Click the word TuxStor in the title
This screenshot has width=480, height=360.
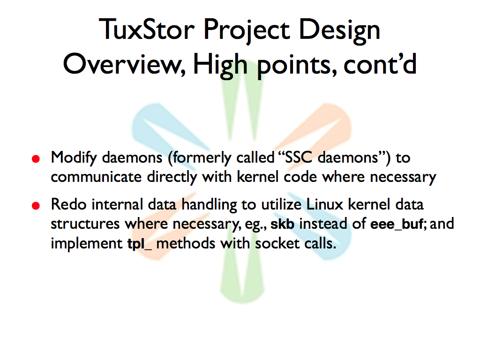click(x=147, y=29)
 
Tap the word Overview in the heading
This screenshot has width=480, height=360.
click(x=124, y=64)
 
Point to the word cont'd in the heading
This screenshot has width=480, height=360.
click(x=380, y=64)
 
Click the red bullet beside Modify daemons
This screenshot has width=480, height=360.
click(x=36, y=158)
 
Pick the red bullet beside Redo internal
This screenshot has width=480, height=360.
click(x=36, y=205)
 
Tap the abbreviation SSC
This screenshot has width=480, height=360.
click(x=299, y=157)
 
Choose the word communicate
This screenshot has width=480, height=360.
click(x=96, y=177)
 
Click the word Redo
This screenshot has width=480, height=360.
click(x=68, y=204)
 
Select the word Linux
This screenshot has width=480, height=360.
click(x=324, y=204)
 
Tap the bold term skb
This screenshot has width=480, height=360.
click(x=282, y=224)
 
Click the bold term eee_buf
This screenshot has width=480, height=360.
click(x=397, y=225)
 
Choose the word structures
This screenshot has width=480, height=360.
click(x=85, y=224)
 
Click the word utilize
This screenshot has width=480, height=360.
click(x=281, y=204)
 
